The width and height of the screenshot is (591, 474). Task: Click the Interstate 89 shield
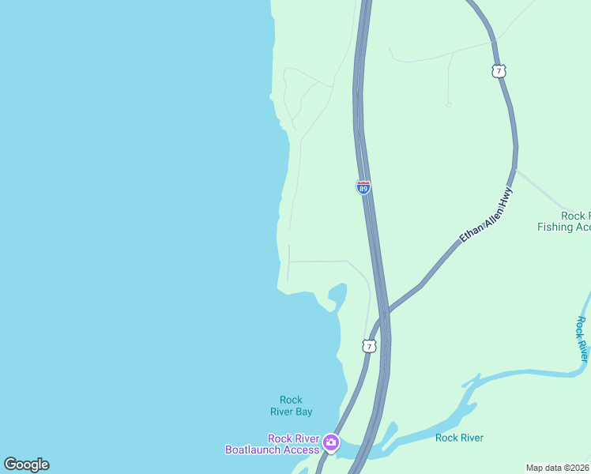(x=363, y=187)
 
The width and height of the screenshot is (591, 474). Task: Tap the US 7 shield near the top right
(x=497, y=71)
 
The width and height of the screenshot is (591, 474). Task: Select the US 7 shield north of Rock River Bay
(x=369, y=346)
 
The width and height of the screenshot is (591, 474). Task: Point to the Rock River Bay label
(x=291, y=405)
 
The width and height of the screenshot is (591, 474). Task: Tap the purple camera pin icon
(x=331, y=442)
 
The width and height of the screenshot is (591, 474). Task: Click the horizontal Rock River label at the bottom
(x=459, y=438)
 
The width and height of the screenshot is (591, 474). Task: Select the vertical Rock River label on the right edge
(x=582, y=340)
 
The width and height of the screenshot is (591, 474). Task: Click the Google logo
(x=26, y=465)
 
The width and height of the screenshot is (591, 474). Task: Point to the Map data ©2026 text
(x=558, y=468)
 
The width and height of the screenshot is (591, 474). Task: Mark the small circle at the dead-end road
(x=449, y=104)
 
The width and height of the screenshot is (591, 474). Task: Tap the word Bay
(x=303, y=412)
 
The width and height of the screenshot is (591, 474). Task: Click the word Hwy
(x=506, y=197)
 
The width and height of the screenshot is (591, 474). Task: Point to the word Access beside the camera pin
(x=302, y=450)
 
